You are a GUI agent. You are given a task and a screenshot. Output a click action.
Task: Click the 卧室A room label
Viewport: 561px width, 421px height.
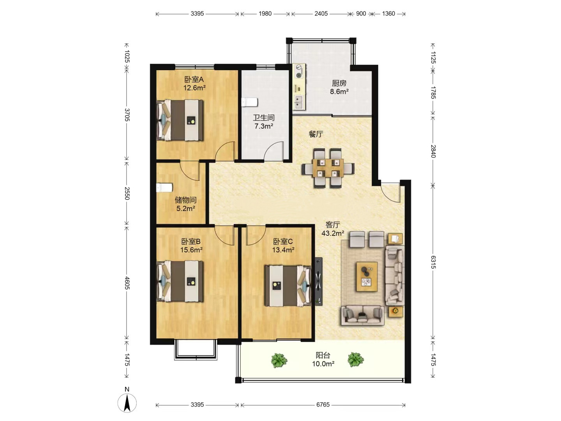(194, 80)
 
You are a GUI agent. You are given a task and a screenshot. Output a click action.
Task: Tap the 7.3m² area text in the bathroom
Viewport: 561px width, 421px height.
(263, 126)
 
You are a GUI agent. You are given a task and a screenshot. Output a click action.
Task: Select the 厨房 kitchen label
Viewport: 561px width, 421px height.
(339, 83)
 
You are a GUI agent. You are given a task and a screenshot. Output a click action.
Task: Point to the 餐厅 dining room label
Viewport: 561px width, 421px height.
(316, 134)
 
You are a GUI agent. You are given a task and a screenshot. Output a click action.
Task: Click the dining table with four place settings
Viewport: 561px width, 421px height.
(328, 168)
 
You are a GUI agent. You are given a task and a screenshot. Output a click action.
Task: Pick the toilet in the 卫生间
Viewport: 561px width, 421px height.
(249, 102)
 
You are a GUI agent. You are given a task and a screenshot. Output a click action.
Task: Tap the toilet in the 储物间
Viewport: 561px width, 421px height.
(164, 188)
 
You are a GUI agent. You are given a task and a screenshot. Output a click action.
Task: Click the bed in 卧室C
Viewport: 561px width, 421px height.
(288, 285)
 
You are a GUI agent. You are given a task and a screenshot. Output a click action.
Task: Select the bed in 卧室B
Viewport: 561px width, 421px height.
(180, 281)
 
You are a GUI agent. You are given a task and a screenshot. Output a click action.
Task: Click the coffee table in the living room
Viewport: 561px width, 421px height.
(367, 277)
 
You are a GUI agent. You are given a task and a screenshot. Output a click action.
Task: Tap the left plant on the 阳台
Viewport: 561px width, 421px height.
(279, 361)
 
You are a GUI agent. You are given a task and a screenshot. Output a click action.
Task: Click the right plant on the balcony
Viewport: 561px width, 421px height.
(356, 359)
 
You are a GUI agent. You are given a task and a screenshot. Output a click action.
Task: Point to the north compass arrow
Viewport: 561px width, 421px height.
(127, 403)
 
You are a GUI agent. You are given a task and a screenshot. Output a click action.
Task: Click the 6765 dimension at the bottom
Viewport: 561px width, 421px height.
(323, 405)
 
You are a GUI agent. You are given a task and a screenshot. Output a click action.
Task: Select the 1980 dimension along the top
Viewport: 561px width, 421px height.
(265, 14)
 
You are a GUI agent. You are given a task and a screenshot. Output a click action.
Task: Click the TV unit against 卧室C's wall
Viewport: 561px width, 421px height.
(318, 281)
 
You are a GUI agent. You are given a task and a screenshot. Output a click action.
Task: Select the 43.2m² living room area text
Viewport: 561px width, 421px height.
(333, 233)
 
